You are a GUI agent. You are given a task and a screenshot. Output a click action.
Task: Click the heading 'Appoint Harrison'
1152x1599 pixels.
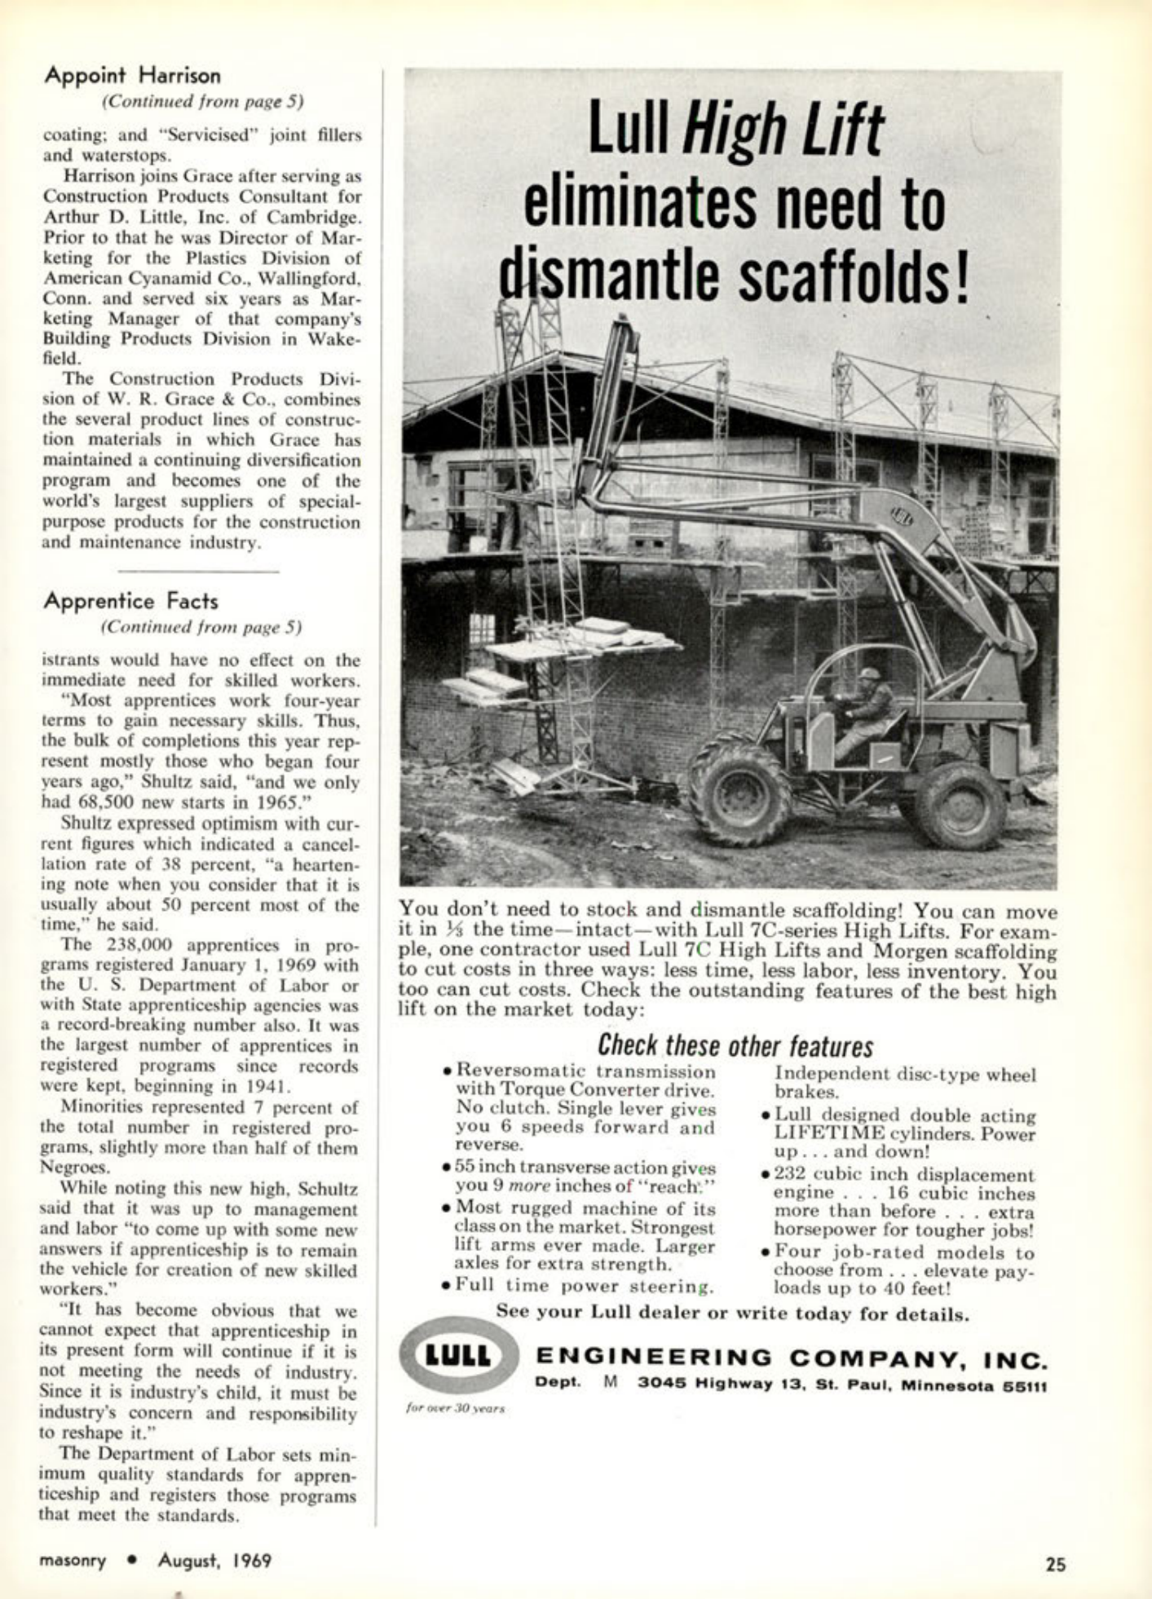click(x=132, y=76)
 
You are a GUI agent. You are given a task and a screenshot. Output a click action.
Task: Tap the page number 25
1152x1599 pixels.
click(x=1056, y=1563)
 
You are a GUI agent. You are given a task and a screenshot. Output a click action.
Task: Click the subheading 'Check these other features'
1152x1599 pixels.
click(x=735, y=1045)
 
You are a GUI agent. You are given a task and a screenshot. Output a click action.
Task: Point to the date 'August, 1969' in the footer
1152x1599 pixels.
click(x=214, y=1561)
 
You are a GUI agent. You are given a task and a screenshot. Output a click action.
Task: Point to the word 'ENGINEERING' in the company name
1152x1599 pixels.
click(x=654, y=1357)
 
